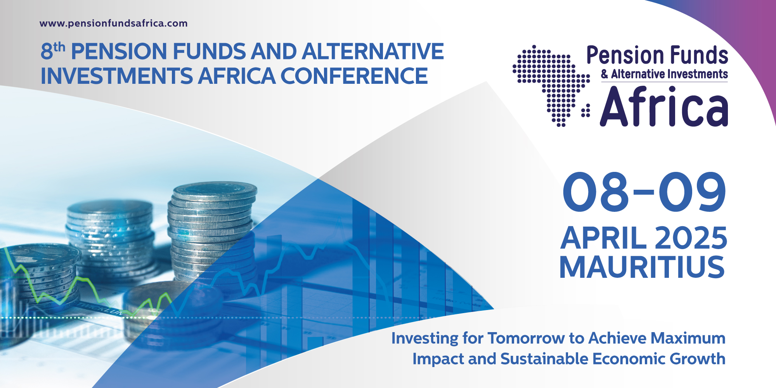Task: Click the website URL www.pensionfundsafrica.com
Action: pyautogui.click(x=113, y=23)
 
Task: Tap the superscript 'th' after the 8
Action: pyautogui.click(x=59, y=47)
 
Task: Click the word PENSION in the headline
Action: pyautogui.click(x=119, y=52)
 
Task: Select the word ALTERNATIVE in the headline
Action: pyautogui.click(x=373, y=52)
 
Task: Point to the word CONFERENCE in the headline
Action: pyautogui.click(x=354, y=76)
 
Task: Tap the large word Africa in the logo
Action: pyautogui.click(x=664, y=107)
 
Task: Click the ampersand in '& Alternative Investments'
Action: pyautogui.click(x=605, y=74)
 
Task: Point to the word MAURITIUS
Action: pyautogui.click(x=642, y=267)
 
